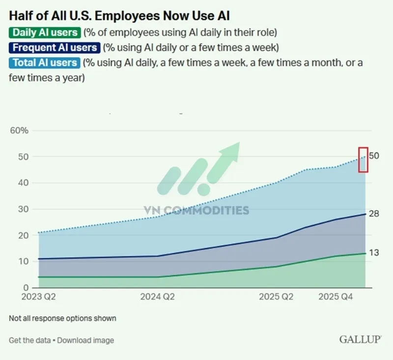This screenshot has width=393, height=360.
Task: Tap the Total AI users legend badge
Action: (x=44, y=62)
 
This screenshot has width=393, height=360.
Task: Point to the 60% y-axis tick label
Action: (x=20, y=131)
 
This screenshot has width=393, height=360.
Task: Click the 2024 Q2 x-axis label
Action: (x=157, y=297)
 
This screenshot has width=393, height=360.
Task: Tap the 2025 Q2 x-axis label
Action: (x=277, y=297)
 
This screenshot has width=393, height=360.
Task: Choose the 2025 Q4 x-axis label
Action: (x=336, y=297)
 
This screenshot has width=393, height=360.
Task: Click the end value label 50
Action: (x=374, y=156)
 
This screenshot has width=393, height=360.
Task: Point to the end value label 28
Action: (x=374, y=214)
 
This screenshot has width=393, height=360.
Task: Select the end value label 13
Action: (x=374, y=253)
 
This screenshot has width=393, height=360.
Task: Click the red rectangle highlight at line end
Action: (x=363, y=160)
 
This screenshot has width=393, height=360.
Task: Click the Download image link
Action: (x=85, y=340)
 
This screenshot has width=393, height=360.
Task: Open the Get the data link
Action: (x=29, y=340)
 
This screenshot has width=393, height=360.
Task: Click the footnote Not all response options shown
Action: (x=62, y=318)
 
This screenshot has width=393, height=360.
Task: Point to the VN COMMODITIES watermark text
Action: (x=196, y=210)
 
